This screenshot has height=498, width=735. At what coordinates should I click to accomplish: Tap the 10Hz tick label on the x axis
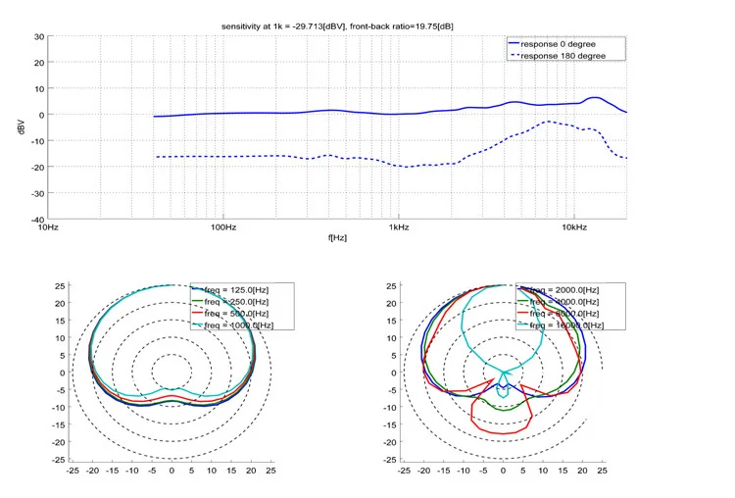click(46, 227)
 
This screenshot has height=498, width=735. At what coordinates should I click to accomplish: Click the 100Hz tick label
click(223, 227)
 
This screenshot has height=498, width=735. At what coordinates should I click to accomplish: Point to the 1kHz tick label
click(398, 227)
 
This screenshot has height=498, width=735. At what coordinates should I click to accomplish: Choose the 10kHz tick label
click(574, 227)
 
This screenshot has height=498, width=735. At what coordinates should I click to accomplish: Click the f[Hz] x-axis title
click(337, 237)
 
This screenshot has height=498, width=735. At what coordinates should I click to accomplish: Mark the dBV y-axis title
click(23, 127)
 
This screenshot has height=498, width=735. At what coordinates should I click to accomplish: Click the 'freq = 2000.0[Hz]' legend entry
click(563, 289)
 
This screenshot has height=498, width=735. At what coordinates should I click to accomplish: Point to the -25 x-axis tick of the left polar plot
click(73, 471)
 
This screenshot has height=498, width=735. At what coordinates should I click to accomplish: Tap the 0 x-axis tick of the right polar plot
click(503, 471)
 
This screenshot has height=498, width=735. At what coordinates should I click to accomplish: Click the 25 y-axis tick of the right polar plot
click(390, 286)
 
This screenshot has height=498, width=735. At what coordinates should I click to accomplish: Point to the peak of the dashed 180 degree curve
click(549, 122)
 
